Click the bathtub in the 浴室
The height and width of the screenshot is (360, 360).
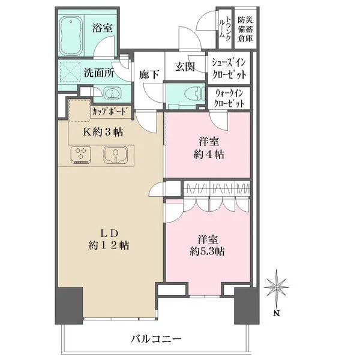pyautogui.click(x=75, y=38)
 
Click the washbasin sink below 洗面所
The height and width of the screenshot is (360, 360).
pyautogui.click(x=112, y=94)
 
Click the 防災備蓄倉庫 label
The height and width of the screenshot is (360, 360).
pyautogui.click(x=244, y=28)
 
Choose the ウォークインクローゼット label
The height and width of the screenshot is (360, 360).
pyautogui.click(x=229, y=98)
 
